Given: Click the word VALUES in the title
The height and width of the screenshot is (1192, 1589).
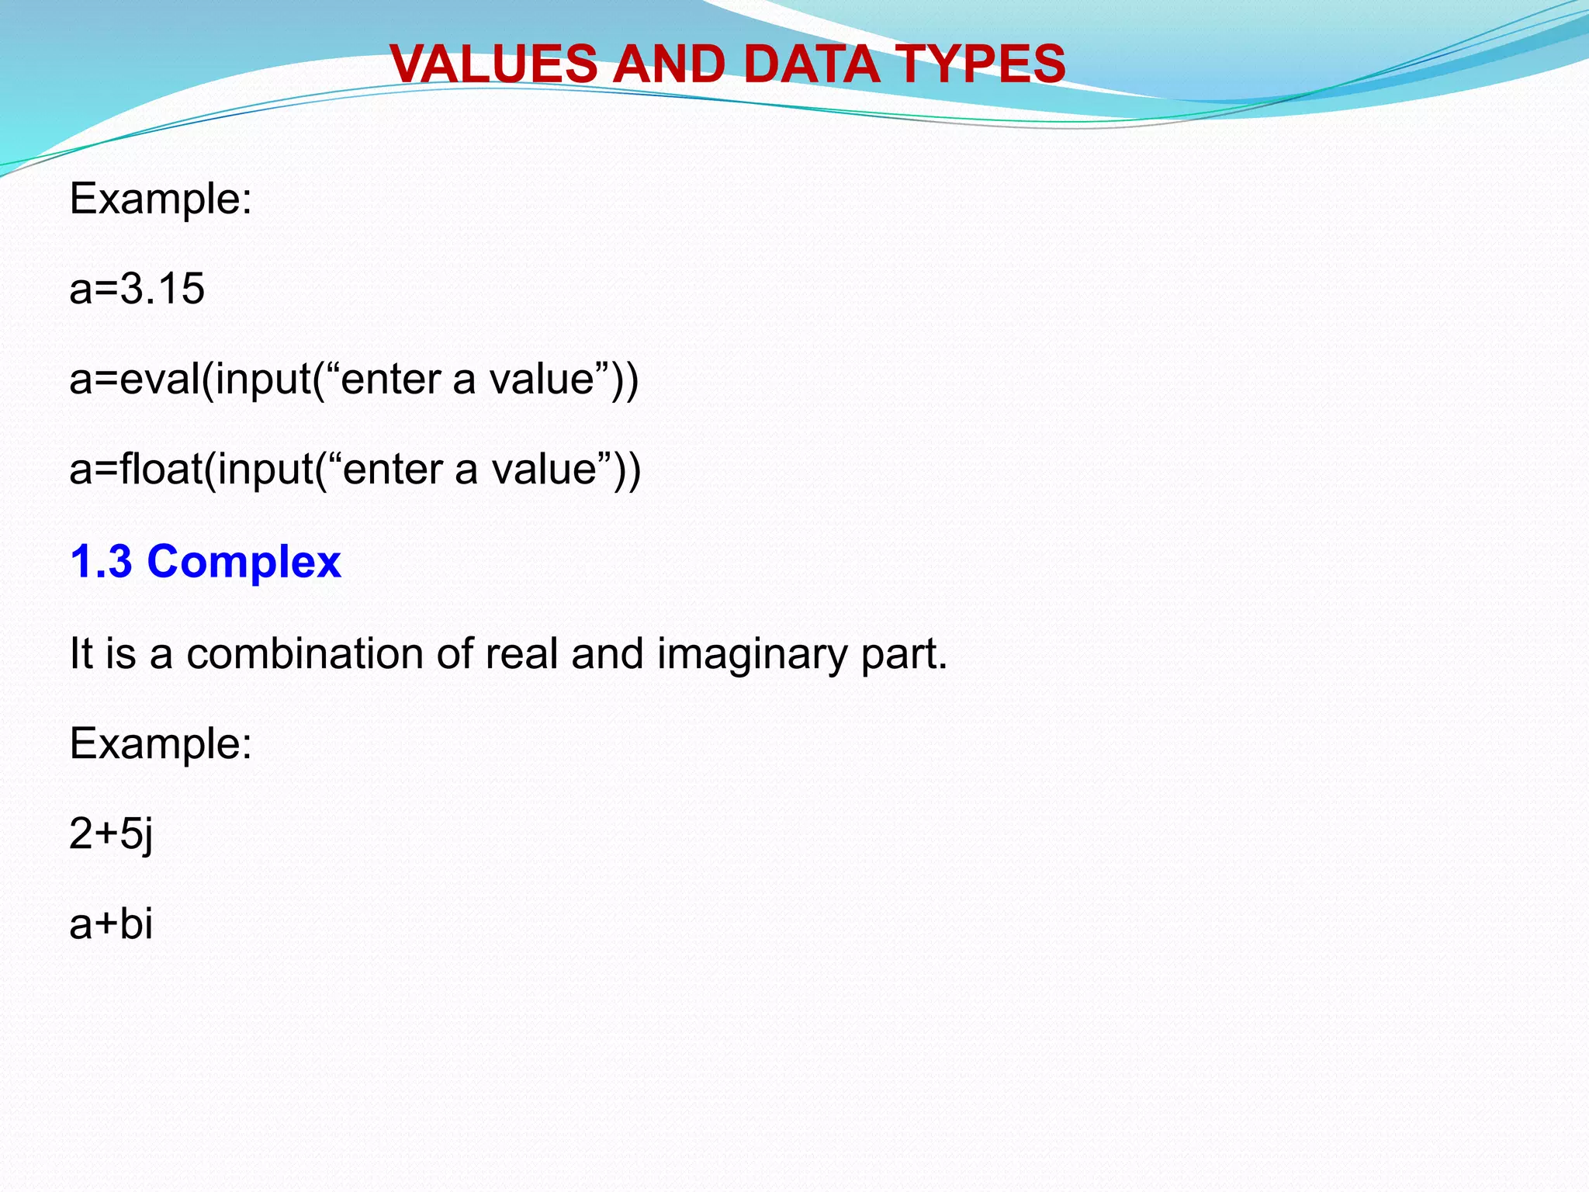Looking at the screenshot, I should click(493, 64).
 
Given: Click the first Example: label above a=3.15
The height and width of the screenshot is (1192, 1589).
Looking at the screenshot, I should click(161, 199).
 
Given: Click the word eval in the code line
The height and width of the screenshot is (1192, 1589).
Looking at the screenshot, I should click(160, 379).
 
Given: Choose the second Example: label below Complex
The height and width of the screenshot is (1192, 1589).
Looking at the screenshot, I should click(161, 744).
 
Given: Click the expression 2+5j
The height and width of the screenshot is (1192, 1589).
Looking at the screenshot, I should click(111, 835).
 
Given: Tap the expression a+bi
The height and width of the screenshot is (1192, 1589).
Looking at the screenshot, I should click(111, 924).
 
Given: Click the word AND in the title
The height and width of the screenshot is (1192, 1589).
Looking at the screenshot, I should click(670, 64).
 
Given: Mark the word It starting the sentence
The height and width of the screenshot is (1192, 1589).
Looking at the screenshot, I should click(81, 653).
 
